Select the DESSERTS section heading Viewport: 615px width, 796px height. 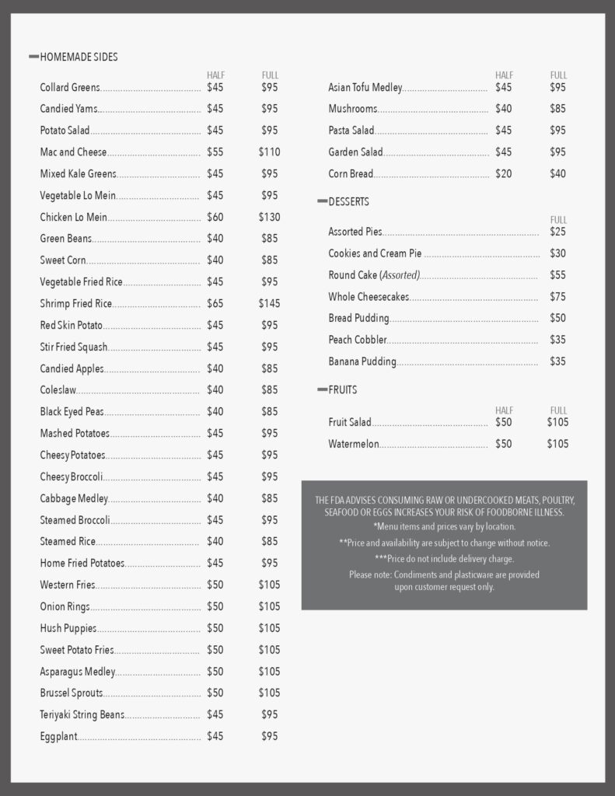click(348, 201)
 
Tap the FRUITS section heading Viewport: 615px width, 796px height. click(343, 389)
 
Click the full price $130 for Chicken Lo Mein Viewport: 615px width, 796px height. click(269, 217)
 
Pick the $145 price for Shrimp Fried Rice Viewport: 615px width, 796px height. click(269, 303)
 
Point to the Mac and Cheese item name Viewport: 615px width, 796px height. click(73, 152)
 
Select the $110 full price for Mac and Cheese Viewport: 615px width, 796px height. click(269, 152)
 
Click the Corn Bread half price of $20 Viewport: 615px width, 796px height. click(503, 174)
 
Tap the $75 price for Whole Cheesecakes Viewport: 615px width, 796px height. click(557, 296)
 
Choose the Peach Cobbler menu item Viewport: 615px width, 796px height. click(357, 340)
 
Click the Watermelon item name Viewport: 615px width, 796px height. click(353, 444)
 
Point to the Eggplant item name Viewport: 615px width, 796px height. click(58, 736)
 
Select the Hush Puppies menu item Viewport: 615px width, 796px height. click(68, 628)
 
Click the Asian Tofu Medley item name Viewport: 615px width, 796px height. click(365, 88)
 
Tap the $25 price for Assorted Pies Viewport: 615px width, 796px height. click(557, 232)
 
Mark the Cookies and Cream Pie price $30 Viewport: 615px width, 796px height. click(557, 253)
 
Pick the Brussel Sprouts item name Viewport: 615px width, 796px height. click(71, 693)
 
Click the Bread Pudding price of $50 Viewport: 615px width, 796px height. click(557, 318)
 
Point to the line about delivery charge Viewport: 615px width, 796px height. click(444, 558)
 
